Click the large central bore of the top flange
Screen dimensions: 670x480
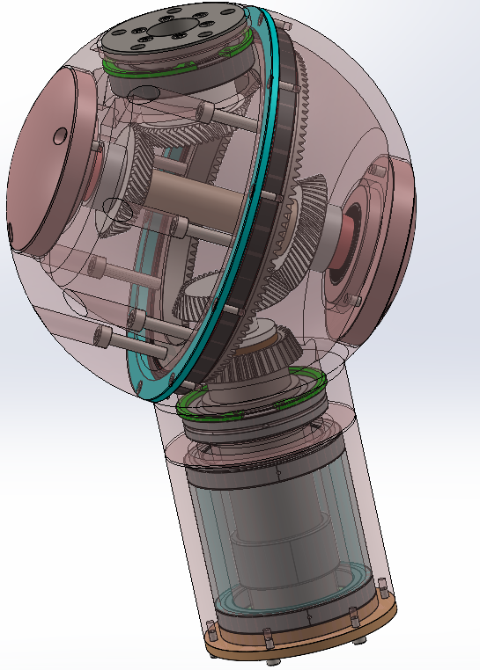[168, 27]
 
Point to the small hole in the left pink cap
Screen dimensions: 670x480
[61, 135]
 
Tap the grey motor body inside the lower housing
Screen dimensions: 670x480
[277, 536]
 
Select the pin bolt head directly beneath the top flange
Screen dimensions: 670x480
[209, 112]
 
